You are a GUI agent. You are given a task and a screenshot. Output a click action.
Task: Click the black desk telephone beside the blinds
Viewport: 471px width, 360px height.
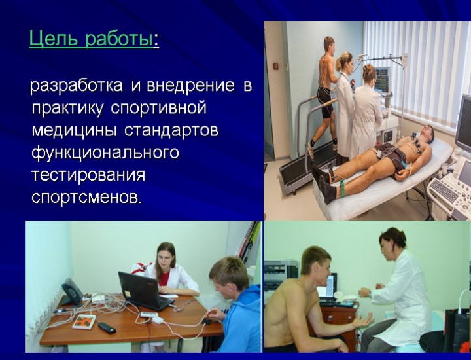(72, 291)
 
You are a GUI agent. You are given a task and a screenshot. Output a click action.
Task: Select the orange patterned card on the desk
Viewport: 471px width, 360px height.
(84, 321)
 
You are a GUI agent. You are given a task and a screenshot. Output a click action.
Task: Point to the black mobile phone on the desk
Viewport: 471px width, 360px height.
(107, 327)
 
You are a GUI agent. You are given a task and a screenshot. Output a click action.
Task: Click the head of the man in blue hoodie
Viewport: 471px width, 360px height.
(228, 275)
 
